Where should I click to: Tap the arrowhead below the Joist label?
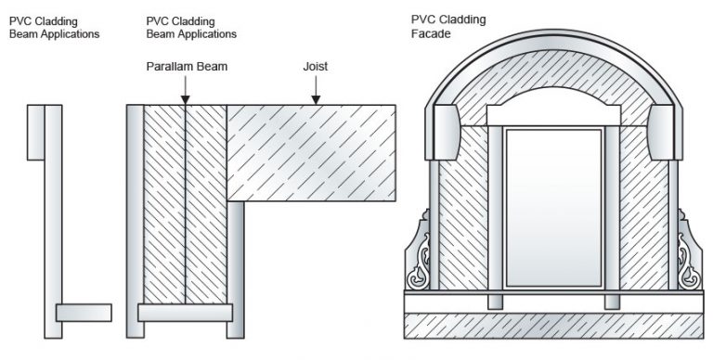tap(317, 97)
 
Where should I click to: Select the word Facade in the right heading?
tap(432, 34)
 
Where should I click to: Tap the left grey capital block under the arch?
tap(445, 131)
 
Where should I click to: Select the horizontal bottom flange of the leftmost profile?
tap(84, 312)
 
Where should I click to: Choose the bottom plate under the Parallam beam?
tap(185, 313)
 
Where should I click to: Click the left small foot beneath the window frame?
tap(495, 302)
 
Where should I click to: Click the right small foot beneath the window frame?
tap(612, 302)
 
